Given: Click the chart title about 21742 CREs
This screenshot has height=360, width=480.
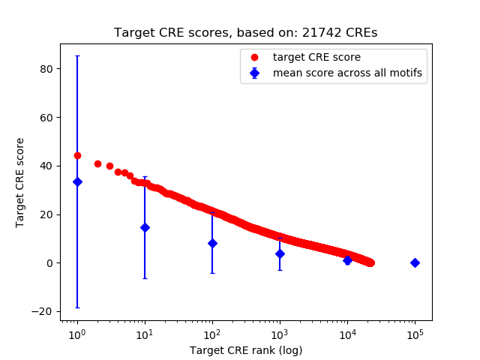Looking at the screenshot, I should click(x=246, y=33).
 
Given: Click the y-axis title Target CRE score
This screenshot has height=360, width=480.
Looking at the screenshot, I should click(x=20, y=182).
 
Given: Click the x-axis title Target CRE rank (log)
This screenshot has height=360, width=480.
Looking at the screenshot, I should click(x=246, y=350).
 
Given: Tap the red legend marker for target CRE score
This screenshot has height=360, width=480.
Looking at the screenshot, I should click(x=254, y=57).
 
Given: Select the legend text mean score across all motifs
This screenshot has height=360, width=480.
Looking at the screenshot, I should click(x=347, y=73).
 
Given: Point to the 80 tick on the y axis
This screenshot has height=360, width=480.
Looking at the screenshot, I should click(x=48, y=68).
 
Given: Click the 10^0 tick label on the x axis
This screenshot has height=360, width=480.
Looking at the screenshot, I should click(x=76, y=334).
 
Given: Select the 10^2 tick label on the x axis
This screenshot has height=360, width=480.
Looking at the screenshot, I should click(x=212, y=334).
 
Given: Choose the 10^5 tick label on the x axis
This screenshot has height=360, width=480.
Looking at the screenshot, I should click(x=415, y=334).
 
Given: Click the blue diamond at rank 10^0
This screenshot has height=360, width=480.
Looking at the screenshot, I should click(x=77, y=181).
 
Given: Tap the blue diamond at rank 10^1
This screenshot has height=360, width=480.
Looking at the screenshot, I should click(x=145, y=227).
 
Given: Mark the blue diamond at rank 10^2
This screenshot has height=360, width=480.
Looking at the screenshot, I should click(x=212, y=243).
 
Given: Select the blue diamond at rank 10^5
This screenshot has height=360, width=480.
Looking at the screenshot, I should click(x=415, y=262).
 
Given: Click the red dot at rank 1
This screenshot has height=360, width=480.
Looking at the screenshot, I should click(x=77, y=155).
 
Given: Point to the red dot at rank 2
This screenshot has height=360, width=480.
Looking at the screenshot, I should click(x=97, y=163).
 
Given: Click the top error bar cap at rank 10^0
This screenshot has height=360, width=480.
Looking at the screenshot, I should click(x=77, y=55).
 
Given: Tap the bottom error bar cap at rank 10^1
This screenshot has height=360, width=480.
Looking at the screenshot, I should click(x=145, y=278).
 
